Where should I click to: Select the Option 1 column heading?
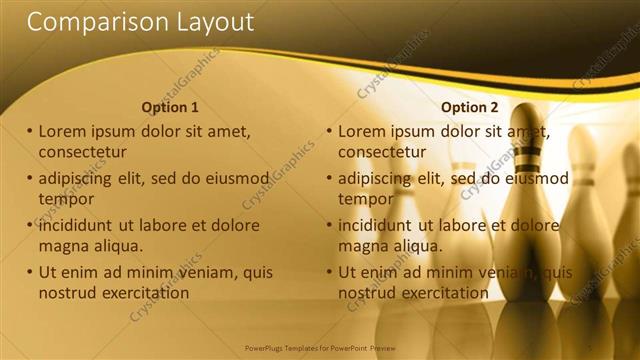pos(170,107)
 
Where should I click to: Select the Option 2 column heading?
pos(470,107)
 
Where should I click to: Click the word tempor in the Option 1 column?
pos(66,198)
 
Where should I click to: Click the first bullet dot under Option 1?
pos(30,132)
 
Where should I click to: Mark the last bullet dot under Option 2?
pos(329,273)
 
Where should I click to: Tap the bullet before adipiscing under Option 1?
pos(30,179)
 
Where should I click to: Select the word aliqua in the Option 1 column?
pos(118,245)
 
